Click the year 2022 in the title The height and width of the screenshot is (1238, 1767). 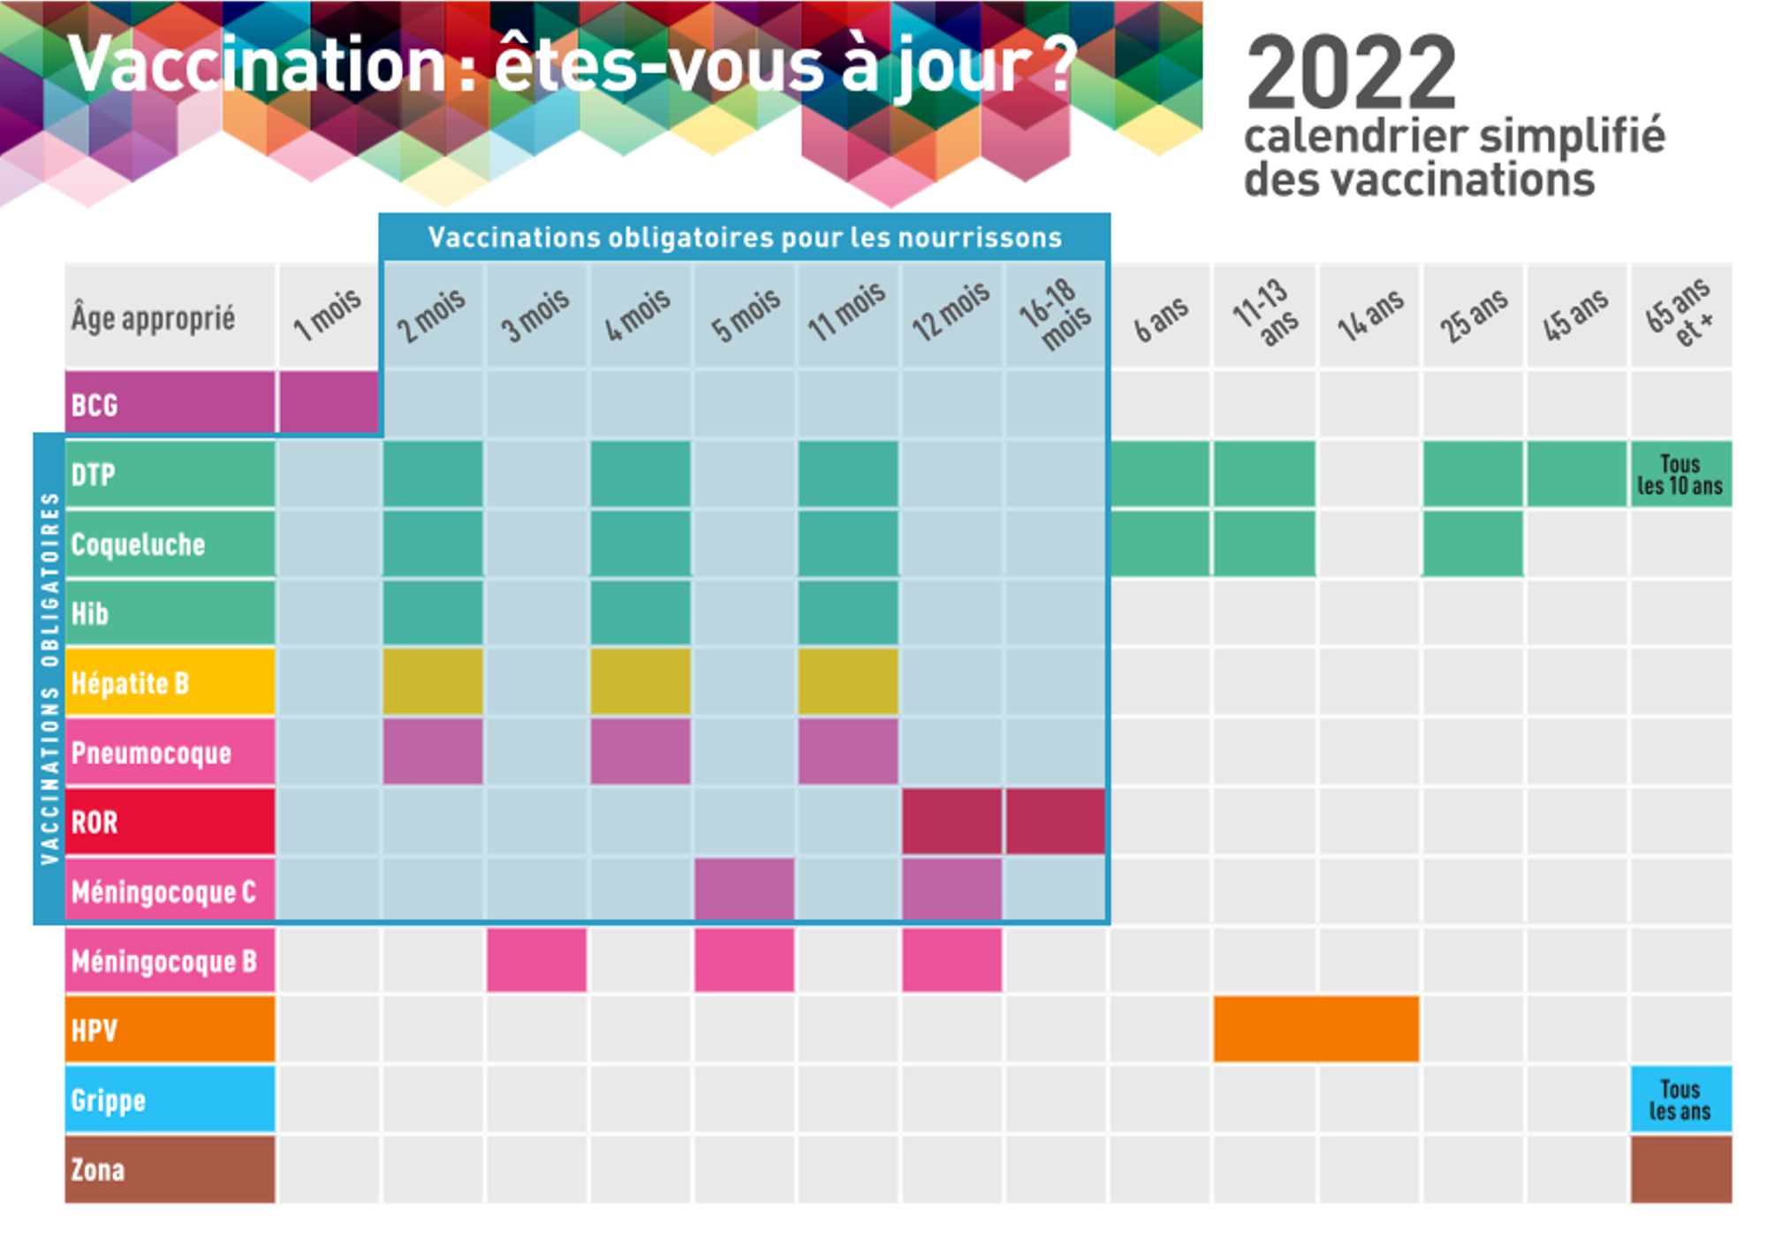tap(1351, 72)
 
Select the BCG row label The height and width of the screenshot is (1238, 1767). tap(170, 404)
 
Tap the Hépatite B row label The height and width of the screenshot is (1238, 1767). tap(170, 682)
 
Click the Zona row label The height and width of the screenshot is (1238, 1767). tap(170, 1169)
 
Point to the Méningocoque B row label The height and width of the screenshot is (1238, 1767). tap(170, 961)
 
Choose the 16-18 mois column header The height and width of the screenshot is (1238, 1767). tap(1056, 315)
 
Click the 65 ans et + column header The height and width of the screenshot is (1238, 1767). tap(1680, 315)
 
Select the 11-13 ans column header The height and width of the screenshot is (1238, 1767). tap(1265, 315)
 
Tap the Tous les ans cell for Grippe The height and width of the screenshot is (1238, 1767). tap(1680, 1099)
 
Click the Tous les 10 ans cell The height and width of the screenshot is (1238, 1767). tap(1680, 475)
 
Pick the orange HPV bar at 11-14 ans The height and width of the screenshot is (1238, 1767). tap(1316, 1029)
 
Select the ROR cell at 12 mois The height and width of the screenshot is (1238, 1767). tap(952, 822)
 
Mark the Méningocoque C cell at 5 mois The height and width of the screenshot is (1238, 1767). tap(744, 891)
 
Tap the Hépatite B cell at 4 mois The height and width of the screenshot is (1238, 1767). tap(641, 682)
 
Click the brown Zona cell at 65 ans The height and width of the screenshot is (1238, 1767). tap(1680, 1169)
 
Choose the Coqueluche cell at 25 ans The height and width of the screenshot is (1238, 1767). tap(1473, 543)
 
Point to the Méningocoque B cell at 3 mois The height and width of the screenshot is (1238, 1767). tap(536, 961)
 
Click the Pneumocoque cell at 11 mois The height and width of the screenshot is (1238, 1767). tap(848, 752)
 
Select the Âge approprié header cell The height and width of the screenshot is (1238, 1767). tap(170, 316)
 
